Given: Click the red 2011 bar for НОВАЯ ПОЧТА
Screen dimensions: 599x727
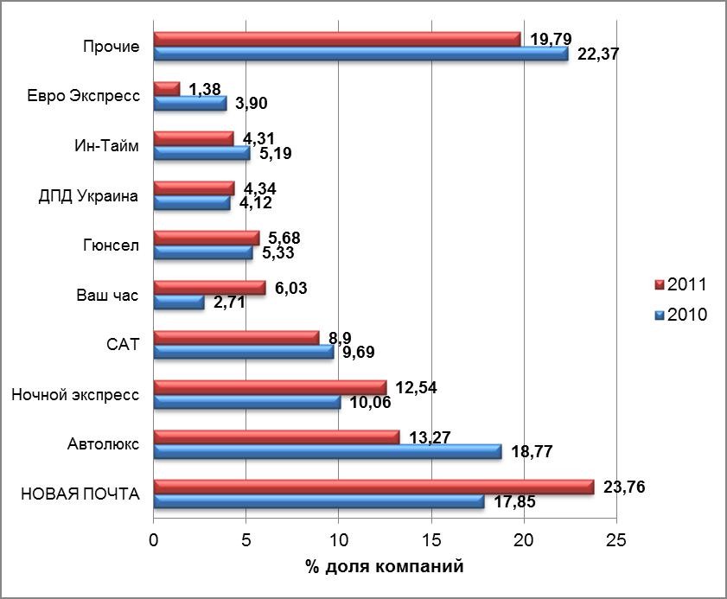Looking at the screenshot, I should point(373,487).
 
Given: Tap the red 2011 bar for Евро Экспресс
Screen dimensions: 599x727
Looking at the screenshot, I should point(166,88).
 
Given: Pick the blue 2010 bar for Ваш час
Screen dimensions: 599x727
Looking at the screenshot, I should point(178,303).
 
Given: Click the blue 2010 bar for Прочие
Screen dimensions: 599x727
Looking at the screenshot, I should point(360,54).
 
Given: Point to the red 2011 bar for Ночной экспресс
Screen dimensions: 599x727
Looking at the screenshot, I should point(270,386).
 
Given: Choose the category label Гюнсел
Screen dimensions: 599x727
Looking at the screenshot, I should point(111,245).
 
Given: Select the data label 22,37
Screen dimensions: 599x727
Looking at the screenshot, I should point(597,54).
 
